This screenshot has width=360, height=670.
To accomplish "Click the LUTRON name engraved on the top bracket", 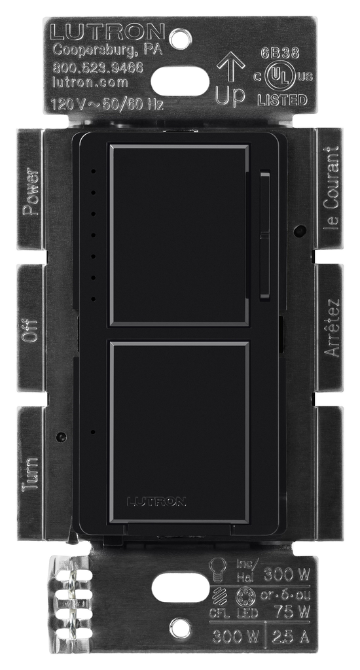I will click(109, 31).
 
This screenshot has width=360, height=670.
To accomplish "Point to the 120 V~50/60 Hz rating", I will click(107, 103).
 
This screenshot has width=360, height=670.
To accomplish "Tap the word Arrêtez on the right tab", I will click(333, 328).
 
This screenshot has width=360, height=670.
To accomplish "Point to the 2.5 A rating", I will click(289, 636).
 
